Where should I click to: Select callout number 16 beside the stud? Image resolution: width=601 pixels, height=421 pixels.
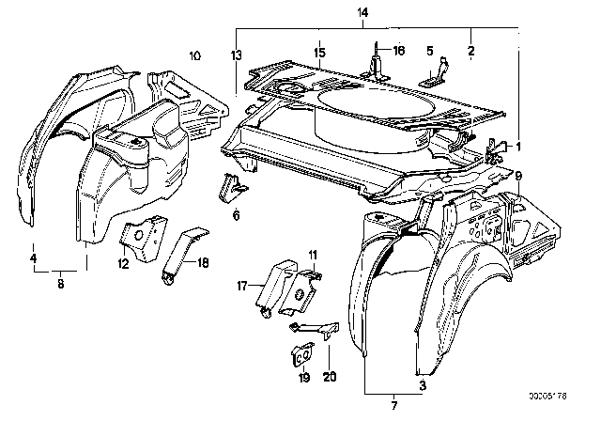pos(398,51)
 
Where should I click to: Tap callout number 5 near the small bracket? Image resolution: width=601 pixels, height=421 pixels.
pos(430,52)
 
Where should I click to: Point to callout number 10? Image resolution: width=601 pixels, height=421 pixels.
pos(195,56)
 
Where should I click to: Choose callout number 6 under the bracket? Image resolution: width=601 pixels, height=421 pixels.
pos(236,215)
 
